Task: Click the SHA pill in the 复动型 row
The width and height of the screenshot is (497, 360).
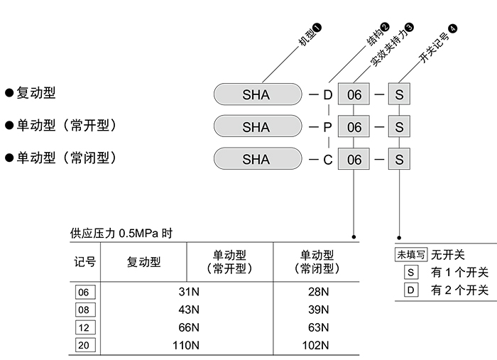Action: (x=256, y=94)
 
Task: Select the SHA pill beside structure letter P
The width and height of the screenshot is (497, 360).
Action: (x=256, y=127)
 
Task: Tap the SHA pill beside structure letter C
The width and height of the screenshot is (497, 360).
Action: (x=256, y=159)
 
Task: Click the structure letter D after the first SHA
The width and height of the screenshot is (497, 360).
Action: (x=327, y=94)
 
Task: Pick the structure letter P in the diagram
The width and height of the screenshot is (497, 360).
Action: (x=327, y=127)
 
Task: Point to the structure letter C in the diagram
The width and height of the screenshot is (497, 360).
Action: (x=327, y=160)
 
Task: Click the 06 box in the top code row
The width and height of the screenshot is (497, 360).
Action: (x=354, y=94)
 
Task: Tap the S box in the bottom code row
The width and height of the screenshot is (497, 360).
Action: (x=400, y=159)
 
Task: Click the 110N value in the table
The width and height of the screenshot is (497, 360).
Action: (x=186, y=345)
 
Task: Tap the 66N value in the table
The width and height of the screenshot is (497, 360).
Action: (x=186, y=327)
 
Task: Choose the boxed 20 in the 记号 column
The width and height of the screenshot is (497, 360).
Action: (x=84, y=345)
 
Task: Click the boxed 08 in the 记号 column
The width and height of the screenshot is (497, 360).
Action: (x=84, y=310)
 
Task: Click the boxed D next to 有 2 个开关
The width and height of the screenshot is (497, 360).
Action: (x=410, y=290)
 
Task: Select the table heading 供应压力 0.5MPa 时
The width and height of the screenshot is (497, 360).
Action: (x=121, y=233)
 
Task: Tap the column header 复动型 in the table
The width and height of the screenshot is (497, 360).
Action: (x=143, y=262)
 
